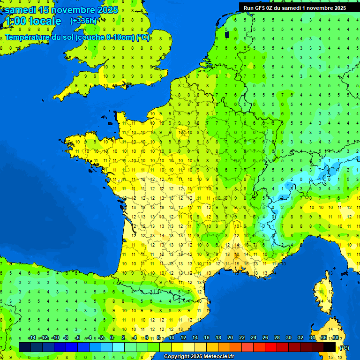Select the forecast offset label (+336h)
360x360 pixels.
click(83, 21)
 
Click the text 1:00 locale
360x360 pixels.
click(32, 21)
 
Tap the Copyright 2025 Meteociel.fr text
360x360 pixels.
click(198, 357)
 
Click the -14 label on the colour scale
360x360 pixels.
click(32, 338)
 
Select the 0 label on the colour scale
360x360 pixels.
click(112, 338)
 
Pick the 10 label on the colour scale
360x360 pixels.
click(171, 338)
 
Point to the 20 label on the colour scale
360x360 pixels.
click(230, 338)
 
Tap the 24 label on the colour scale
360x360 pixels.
click(253, 338)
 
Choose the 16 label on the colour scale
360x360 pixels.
click(206, 338)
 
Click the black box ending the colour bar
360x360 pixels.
click(330, 347)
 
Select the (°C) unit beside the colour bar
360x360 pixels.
click(344, 347)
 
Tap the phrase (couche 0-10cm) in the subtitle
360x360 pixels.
click(105, 37)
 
